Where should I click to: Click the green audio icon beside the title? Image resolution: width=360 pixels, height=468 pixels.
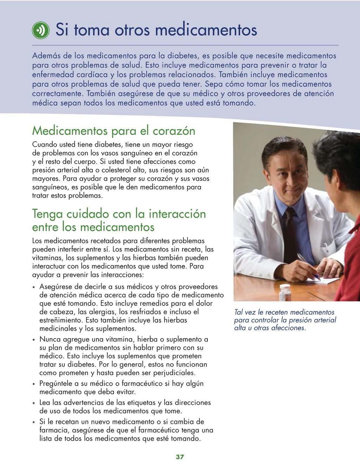40,30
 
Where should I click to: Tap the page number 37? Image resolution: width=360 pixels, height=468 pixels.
180,457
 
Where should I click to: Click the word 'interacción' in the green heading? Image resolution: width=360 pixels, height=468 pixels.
177,214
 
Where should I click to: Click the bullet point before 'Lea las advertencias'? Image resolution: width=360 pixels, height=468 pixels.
34,403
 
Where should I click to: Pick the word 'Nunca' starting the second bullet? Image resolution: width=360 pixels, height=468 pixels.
50,340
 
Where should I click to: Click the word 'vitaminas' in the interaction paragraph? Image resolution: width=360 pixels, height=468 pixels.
47,258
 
